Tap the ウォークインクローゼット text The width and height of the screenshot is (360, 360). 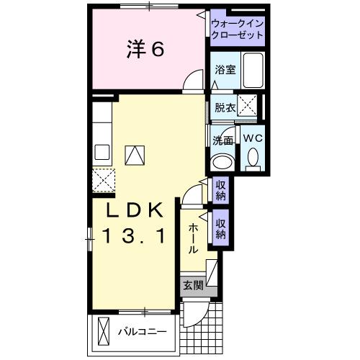click(236, 29)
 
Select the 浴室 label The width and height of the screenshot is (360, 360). click(225, 70)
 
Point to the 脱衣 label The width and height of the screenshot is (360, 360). click(225, 108)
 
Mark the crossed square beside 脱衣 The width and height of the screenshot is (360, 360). click(249, 107)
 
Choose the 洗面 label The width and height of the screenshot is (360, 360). click(223, 140)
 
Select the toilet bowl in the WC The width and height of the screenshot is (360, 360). click(253, 158)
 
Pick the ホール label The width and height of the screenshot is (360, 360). click(194, 238)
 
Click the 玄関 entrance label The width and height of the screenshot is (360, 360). click(192, 285)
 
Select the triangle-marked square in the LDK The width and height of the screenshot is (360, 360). click(135, 154)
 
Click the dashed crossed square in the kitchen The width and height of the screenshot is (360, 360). click(104, 177)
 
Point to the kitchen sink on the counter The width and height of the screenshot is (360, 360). click(102, 152)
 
